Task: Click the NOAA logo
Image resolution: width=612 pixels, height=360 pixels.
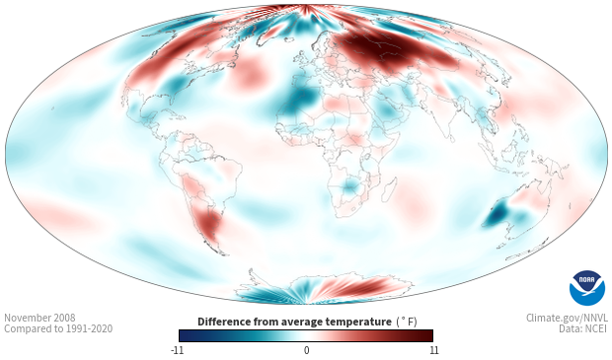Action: point(586,288)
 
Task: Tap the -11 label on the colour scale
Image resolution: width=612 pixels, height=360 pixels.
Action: point(178,350)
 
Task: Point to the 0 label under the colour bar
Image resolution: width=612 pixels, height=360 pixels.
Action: point(306,350)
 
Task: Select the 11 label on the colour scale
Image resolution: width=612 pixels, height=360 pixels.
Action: point(434,350)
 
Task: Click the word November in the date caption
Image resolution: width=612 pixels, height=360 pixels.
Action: point(27,318)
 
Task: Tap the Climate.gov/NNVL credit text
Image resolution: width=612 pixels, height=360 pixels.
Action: point(567,318)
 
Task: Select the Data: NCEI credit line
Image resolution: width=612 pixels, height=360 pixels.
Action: point(583,328)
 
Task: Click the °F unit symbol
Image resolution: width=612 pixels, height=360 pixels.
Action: point(407,322)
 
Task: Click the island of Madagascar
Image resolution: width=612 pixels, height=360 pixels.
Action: point(390,189)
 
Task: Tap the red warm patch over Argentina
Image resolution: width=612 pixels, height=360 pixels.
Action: point(209,225)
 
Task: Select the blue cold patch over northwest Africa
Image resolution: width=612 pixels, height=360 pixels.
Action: point(299,101)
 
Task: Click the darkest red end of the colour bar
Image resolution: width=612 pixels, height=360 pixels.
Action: point(427,335)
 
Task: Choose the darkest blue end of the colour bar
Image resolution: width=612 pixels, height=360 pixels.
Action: point(185,335)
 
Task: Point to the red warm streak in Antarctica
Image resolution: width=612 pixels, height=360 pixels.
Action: point(359,286)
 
